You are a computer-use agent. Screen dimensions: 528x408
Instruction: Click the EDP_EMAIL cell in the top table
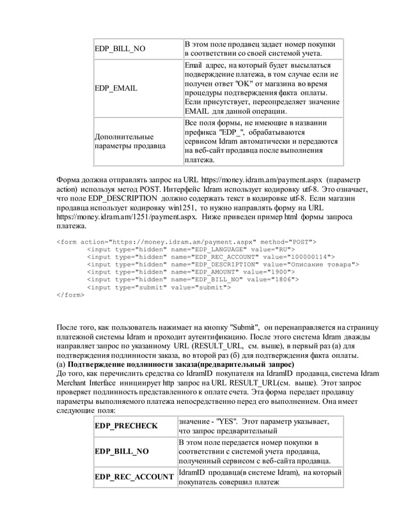coord(116,88)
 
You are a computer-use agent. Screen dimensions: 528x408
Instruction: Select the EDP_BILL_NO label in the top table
coord(120,49)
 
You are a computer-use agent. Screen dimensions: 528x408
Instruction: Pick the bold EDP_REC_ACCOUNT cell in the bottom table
coord(134,477)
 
